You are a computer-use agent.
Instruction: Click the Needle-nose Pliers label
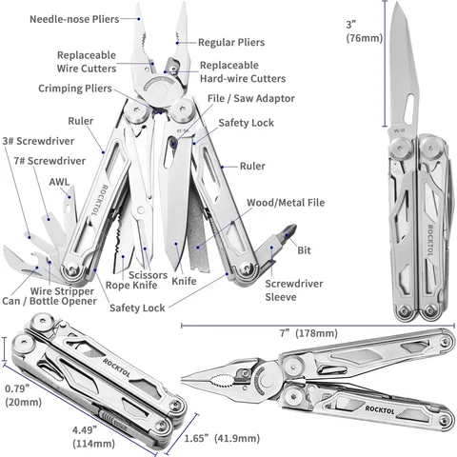point(74,19)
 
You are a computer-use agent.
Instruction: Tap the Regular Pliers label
point(231,42)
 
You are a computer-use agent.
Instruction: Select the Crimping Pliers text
point(75,89)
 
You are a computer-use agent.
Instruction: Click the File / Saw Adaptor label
point(251,98)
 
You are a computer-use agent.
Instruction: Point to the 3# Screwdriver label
point(38,141)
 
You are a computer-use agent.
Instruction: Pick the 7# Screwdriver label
point(50,161)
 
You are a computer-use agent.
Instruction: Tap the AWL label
point(59,182)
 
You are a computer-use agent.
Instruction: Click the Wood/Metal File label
point(286,203)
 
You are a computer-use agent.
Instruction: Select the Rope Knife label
point(131,285)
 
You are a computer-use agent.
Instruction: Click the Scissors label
point(148,275)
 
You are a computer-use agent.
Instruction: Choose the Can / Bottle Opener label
point(50,301)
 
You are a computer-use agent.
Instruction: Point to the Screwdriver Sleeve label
point(294,290)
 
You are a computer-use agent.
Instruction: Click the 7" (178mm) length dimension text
point(308,333)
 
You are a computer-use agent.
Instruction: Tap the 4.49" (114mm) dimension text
point(93,437)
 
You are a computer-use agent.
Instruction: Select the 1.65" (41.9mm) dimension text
point(222,438)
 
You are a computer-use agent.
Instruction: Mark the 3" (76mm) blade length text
point(365,31)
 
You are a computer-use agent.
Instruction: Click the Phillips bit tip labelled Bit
point(290,230)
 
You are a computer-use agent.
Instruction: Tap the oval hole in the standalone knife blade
point(409,109)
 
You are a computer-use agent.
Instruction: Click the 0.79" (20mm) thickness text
point(24,395)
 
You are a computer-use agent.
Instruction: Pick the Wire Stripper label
point(62,291)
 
